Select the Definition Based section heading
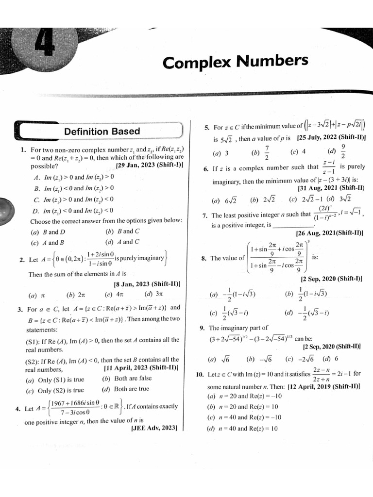point(102,132)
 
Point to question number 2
point(22,260)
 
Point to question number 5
point(206,128)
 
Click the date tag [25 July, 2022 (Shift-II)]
point(331,138)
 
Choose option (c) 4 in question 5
point(298,152)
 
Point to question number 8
point(204,258)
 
